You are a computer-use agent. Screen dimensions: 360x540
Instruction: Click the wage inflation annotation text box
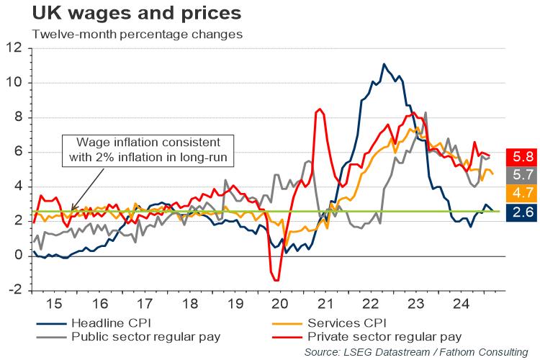point(140,149)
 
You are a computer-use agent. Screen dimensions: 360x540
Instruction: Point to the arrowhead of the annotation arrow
point(73,210)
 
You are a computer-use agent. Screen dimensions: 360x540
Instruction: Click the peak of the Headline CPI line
point(384,64)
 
